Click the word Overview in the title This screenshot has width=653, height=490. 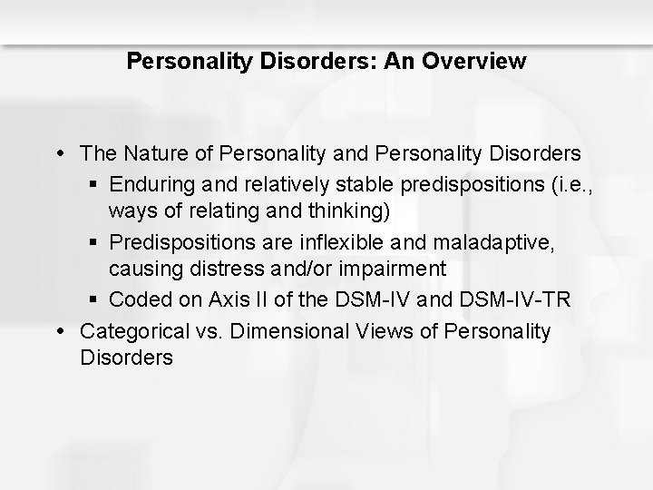(x=480, y=62)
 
